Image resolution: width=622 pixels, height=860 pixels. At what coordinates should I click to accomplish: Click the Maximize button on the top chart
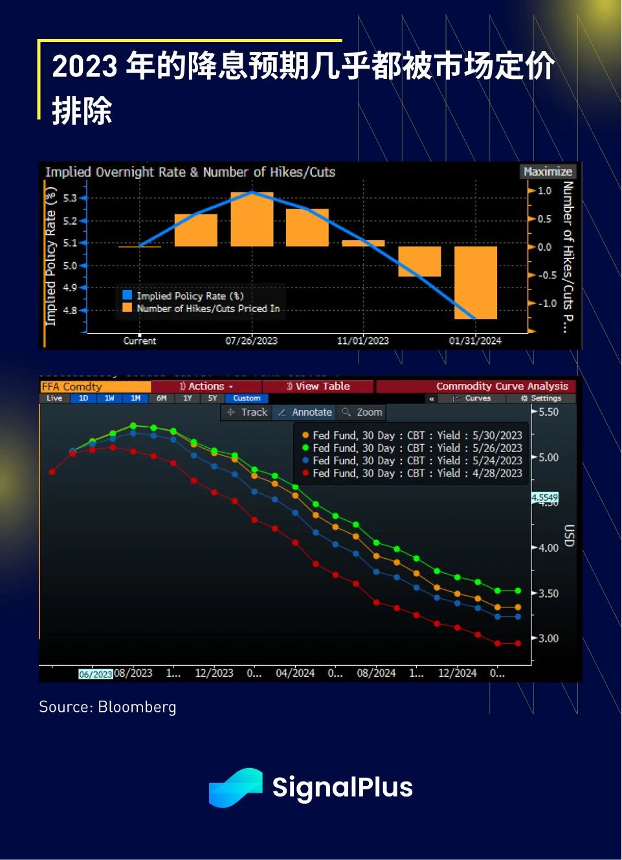tap(548, 172)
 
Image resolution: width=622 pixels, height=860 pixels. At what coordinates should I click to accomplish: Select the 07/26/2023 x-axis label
tap(251, 341)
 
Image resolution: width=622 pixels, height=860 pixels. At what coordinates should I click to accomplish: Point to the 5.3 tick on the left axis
tap(70, 198)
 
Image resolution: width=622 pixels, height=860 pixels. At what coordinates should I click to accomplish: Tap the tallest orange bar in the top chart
tap(252, 219)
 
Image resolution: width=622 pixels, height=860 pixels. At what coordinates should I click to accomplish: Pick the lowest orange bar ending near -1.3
tap(476, 282)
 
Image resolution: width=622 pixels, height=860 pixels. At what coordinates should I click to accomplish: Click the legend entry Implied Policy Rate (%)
tap(189, 296)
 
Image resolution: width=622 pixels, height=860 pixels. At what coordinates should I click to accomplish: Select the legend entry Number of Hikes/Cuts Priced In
tap(207, 308)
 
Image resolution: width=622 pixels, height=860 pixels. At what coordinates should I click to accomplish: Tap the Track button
tap(247, 412)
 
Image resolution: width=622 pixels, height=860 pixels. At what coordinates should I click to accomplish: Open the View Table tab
tap(318, 386)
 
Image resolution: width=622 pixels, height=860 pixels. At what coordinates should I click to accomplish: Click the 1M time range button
tap(135, 398)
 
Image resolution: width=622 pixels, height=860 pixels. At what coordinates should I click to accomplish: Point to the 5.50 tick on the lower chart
tap(548, 412)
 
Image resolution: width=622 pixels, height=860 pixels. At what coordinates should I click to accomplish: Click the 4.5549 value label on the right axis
tap(545, 497)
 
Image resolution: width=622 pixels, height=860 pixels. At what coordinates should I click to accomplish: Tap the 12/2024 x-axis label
tap(457, 673)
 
